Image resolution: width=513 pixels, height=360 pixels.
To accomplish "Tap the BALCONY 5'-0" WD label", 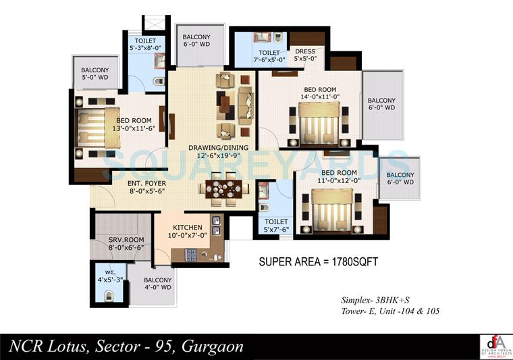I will click(96, 74).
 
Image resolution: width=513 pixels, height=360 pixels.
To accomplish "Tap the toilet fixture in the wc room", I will click(109, 294).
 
